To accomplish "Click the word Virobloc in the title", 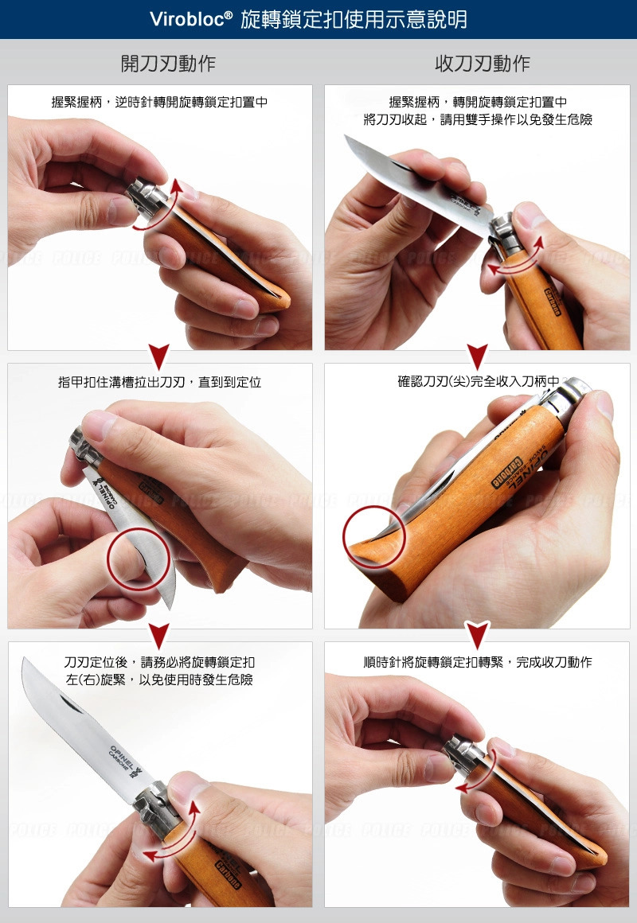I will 192,19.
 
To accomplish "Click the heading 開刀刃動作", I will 167,64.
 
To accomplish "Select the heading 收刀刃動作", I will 483,64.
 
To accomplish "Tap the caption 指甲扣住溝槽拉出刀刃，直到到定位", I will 159,383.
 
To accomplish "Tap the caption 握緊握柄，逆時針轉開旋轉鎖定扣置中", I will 159,102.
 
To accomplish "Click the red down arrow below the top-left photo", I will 160,356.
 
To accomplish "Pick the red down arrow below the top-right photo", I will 477,356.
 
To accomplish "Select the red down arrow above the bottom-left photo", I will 160,635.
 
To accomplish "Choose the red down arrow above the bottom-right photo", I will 477,635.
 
